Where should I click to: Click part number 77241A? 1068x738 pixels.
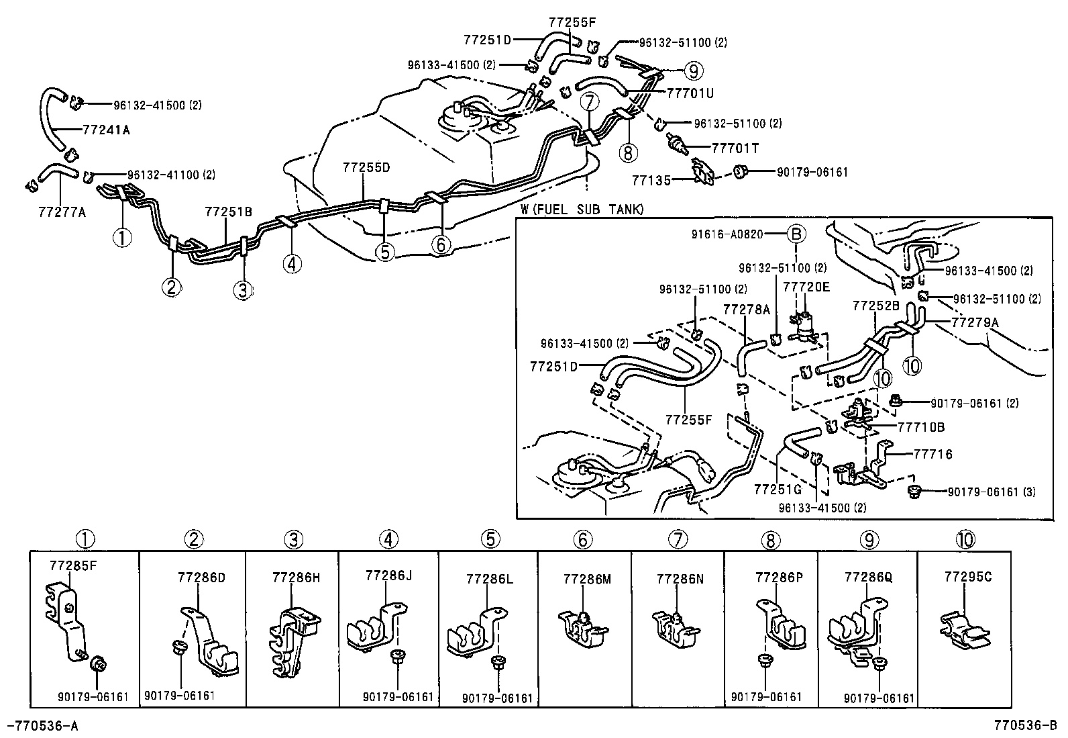point(106,130)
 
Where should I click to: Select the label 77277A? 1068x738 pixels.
point(61,213)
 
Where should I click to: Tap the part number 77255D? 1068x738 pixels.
point(366,167)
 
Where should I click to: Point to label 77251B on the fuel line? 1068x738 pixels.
point(228,212)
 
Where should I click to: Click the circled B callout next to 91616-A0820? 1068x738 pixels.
point(795,234)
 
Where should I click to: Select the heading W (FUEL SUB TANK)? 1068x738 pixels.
point(582,210)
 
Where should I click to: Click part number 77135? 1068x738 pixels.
point(651,180)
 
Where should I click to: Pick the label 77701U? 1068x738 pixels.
point(690,91)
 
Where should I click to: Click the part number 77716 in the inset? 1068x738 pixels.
point(933,455)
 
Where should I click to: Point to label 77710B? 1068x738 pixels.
point(921,427)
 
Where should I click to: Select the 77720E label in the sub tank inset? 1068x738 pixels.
point(806,287)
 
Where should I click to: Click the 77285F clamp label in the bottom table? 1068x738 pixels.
point(73,565)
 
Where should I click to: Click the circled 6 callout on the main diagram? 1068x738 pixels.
point(440,246)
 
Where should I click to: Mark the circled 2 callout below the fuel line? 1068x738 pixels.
point(171,287)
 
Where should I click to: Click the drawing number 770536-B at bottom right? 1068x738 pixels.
point(1025,725)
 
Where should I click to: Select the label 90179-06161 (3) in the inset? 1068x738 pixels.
point(992,492)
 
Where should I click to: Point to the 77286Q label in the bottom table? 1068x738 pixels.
point(868,578)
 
